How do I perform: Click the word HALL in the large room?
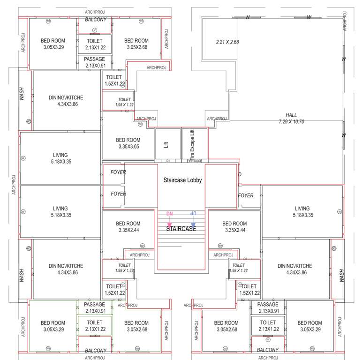[291, 115]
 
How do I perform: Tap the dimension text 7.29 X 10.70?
[291, 121]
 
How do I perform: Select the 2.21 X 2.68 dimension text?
[227, 42]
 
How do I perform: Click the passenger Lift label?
[166, 145]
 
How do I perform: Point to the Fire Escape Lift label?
[192, 145]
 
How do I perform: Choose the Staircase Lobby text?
[182, 180]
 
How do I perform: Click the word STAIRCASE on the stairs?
[181, 229]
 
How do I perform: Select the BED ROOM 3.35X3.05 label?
[128, 143]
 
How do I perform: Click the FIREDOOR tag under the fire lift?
[194, 161]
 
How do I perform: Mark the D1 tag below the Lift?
[168, 161]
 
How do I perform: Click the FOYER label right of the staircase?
[246, 195]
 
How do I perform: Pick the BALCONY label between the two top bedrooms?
[95, 20]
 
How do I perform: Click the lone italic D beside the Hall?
[240, 174]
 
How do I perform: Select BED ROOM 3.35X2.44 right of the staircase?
[234, 227]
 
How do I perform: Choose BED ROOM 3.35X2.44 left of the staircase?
[128, 227]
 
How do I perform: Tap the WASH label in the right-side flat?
[341, 275]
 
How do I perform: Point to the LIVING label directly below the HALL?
[302, 212]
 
